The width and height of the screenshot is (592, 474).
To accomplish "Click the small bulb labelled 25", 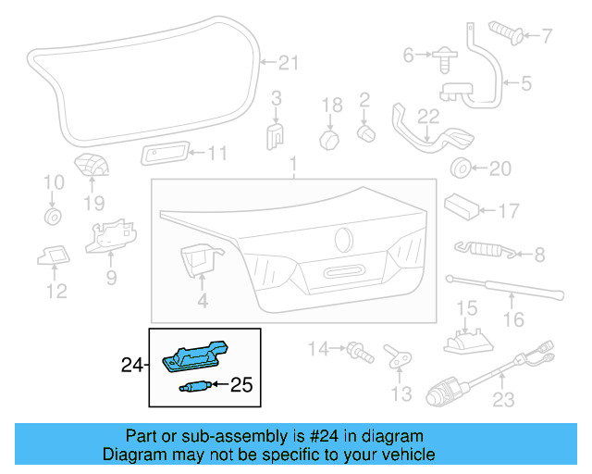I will coord(193,388).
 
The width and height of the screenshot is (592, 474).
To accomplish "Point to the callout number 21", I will coord(290,63).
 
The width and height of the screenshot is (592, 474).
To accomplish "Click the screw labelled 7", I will coord(503,34).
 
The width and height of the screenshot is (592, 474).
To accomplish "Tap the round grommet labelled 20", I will coord(459,168).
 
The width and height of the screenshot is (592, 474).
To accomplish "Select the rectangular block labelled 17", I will coord(461,205).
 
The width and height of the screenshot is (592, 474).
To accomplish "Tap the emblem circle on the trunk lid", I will coord(343,236).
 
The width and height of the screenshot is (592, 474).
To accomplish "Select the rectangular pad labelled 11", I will coord(164,153).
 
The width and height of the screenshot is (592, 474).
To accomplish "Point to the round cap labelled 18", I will coord(329,139).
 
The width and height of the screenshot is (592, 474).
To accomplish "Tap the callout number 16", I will coord(512,320).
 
